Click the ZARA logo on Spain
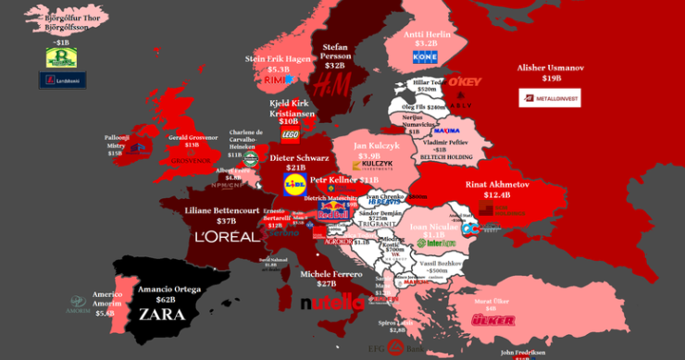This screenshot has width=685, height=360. click(x=161, y=314)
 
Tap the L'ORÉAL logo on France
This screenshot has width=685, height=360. click(x=227, y=236)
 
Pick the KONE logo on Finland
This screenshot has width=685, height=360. click(x=424, y=57)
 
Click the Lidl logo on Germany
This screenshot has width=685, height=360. click(x=294, y=185)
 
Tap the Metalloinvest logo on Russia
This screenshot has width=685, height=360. click(x=550, y=98)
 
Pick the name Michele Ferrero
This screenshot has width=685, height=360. click(x=331, y=275)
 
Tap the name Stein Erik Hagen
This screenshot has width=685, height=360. click(x=279, y=58)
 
